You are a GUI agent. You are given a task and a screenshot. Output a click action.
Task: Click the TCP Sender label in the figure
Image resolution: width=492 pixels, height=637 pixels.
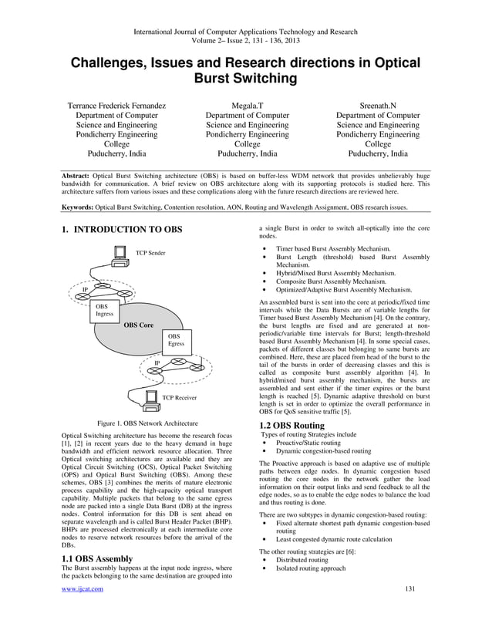coord(150,253)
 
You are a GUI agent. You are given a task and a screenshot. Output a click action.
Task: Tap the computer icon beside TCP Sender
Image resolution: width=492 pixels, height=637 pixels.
coord(119,253)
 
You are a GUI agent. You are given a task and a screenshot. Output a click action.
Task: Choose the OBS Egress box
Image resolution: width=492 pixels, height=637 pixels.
coord(177,340)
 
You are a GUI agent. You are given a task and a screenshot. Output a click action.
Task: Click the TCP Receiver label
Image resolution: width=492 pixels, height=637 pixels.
coord(179,398)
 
